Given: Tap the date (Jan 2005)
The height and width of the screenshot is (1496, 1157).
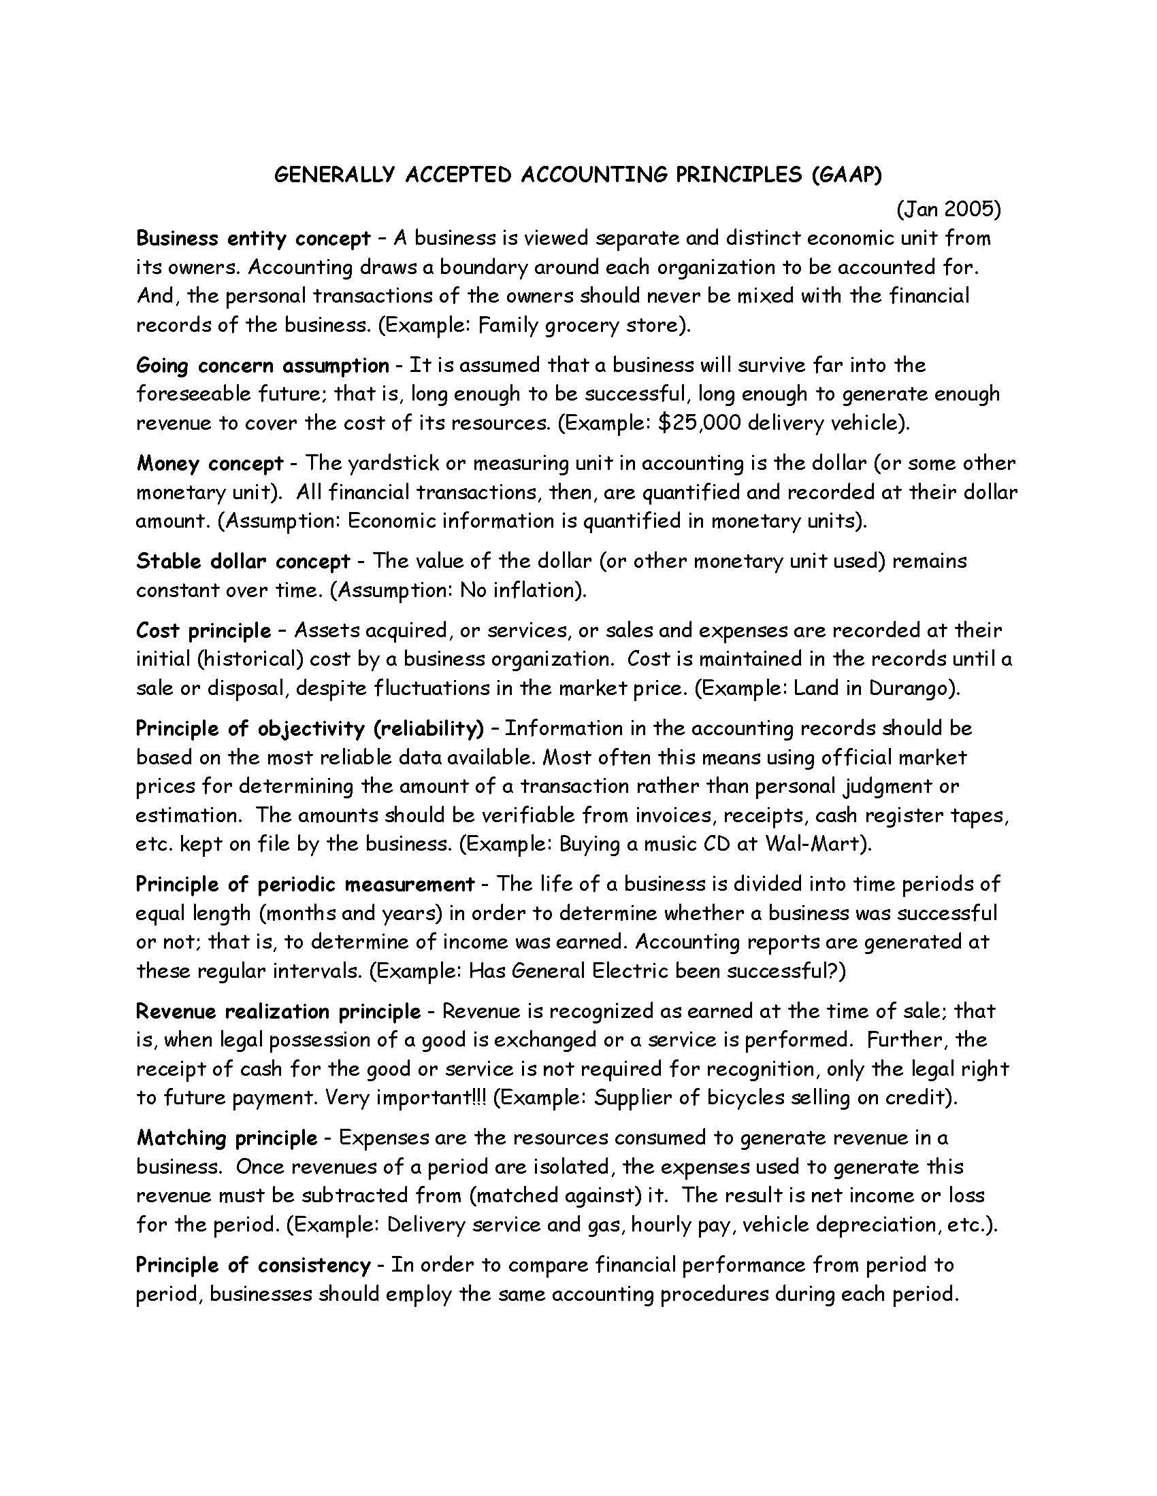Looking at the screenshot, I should pyautogui.click(x=949, y=209).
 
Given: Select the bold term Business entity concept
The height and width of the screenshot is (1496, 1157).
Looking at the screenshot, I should pyautogui.click(x=254, y=239).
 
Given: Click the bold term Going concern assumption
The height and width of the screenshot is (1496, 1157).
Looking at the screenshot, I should pyautogui.click(x=263, y=365).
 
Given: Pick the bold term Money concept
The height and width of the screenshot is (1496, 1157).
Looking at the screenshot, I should pyautogui.click(x=210, y=463).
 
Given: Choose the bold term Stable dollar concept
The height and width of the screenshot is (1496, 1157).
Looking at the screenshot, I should pyautogui.click(x=244, y=561).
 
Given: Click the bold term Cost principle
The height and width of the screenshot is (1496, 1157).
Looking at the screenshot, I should pyautogui.click(x=203, y=630).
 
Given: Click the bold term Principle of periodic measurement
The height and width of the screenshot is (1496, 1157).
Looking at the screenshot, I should pyautogui.click(x=305, y=884).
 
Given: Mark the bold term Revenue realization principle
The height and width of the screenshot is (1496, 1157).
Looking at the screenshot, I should pyautogui.click(x=278, y=1011).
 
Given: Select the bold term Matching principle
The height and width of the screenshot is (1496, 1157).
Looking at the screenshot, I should pyautogui.click(x=227, y=1138).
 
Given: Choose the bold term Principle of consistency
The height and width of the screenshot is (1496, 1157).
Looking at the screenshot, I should pyautogui.click(x=253, y=1265).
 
